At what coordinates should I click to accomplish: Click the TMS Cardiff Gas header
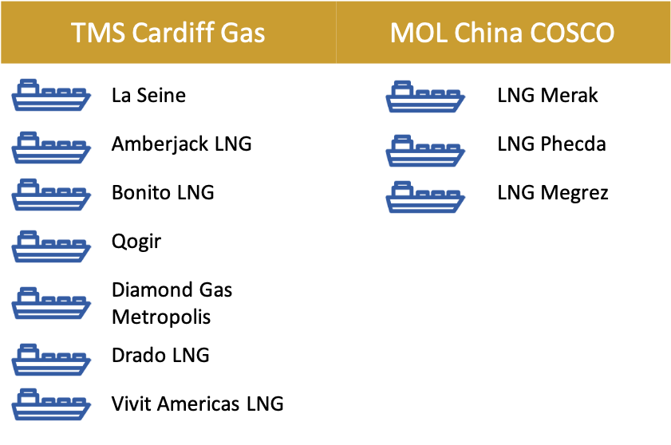click(168, 33)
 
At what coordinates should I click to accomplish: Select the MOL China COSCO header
click(503, 33)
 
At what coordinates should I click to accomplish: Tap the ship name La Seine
click(148, 95)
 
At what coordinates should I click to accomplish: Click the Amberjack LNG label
click(181, 144)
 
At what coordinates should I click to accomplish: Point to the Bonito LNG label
click(163, 192)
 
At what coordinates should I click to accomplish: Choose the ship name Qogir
click(136, 242)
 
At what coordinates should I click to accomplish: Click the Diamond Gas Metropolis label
click(172, 303)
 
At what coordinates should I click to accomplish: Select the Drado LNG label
click(160, 355)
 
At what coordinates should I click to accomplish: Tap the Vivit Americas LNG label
click(197, 404)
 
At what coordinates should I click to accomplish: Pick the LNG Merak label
click(547, 95)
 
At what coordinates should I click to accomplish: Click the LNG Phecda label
click(551, 144)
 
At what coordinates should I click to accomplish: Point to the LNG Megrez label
click(552, 193)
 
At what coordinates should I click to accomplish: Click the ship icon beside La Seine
click(51, 95)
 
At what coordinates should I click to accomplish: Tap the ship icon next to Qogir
click(51, 246)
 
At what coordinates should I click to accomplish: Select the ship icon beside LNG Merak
click(425, 96)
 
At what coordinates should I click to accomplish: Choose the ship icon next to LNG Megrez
click(425, 197)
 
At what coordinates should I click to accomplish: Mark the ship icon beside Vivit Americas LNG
click(51, 404)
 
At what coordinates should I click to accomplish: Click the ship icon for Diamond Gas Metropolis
click(51, 303)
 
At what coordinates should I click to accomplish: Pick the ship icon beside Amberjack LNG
click(51, 148)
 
